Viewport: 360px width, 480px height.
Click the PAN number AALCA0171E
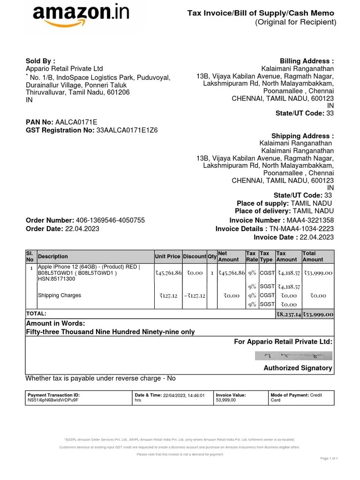(x=76, y=122)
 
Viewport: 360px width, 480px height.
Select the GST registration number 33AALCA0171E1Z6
(x=127, y=130)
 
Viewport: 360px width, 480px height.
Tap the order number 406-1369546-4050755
(x=110, y=220)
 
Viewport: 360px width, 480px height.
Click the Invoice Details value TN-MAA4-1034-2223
(x=301, y=229)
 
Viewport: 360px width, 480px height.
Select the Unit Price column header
(x=167, y=256)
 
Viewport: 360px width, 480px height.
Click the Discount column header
(x=194, y=256)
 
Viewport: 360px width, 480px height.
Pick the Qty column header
(x=212, y=256)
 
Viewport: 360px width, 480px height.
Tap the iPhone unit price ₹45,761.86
(x=168, y=273)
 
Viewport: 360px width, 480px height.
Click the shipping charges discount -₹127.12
(x=194, y=296)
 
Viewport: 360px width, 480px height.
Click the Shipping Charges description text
(x=60, y=295)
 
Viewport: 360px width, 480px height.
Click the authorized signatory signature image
(x=293, y=356)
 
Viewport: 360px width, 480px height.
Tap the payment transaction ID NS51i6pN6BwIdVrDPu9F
(x=53, y=401)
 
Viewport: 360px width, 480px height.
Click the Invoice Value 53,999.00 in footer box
(x=225, y=401)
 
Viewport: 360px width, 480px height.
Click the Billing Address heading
(x=307, y=61)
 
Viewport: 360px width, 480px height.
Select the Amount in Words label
(x=55, y=323)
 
